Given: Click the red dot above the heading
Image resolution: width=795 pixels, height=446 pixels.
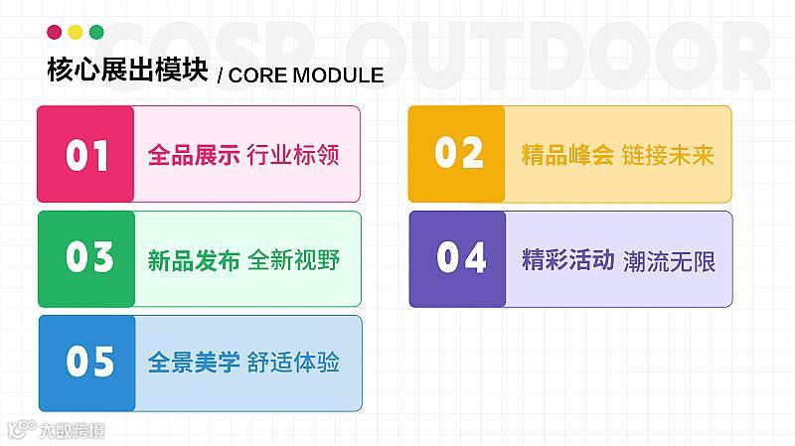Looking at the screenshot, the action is [55, 32].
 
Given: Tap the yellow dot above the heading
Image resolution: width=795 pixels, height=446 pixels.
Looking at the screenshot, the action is [76, 32].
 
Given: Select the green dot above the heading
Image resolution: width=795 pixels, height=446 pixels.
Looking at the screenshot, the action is [96, 32].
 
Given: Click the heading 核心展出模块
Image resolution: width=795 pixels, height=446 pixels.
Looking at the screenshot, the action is [127, 69].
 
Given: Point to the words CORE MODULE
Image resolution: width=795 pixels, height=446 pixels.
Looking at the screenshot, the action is [306, 75].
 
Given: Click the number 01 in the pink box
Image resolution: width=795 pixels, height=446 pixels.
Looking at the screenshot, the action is [86, 155].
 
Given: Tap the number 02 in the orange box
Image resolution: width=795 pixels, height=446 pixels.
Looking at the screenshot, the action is [459, 152].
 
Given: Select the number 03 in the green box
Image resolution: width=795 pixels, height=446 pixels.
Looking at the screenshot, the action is [89, 256].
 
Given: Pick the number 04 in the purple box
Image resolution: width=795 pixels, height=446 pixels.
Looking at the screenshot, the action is [461, 257].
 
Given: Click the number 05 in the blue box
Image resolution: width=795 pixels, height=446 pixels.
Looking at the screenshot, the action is [89, 362].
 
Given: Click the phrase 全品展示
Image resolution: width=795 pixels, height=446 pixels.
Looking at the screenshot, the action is [194, 155].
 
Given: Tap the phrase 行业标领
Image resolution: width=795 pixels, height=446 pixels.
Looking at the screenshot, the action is [293, 155].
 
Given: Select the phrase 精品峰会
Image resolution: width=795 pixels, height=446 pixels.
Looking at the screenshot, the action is [567, 155].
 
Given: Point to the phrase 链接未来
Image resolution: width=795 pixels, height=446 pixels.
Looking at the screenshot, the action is [668, 155].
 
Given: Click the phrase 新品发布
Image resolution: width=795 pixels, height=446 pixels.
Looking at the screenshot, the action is [194, 260].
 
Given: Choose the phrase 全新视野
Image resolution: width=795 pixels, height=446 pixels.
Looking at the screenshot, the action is [293, 260].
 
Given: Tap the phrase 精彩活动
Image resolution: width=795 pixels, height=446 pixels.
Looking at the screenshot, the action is [567, 259].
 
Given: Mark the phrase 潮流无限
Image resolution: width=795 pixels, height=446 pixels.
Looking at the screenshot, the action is [669, 261].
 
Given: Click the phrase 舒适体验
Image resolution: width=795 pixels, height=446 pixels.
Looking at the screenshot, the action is [293, 363].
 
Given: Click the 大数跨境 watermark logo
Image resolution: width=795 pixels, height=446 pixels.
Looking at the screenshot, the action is [57, 430].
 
